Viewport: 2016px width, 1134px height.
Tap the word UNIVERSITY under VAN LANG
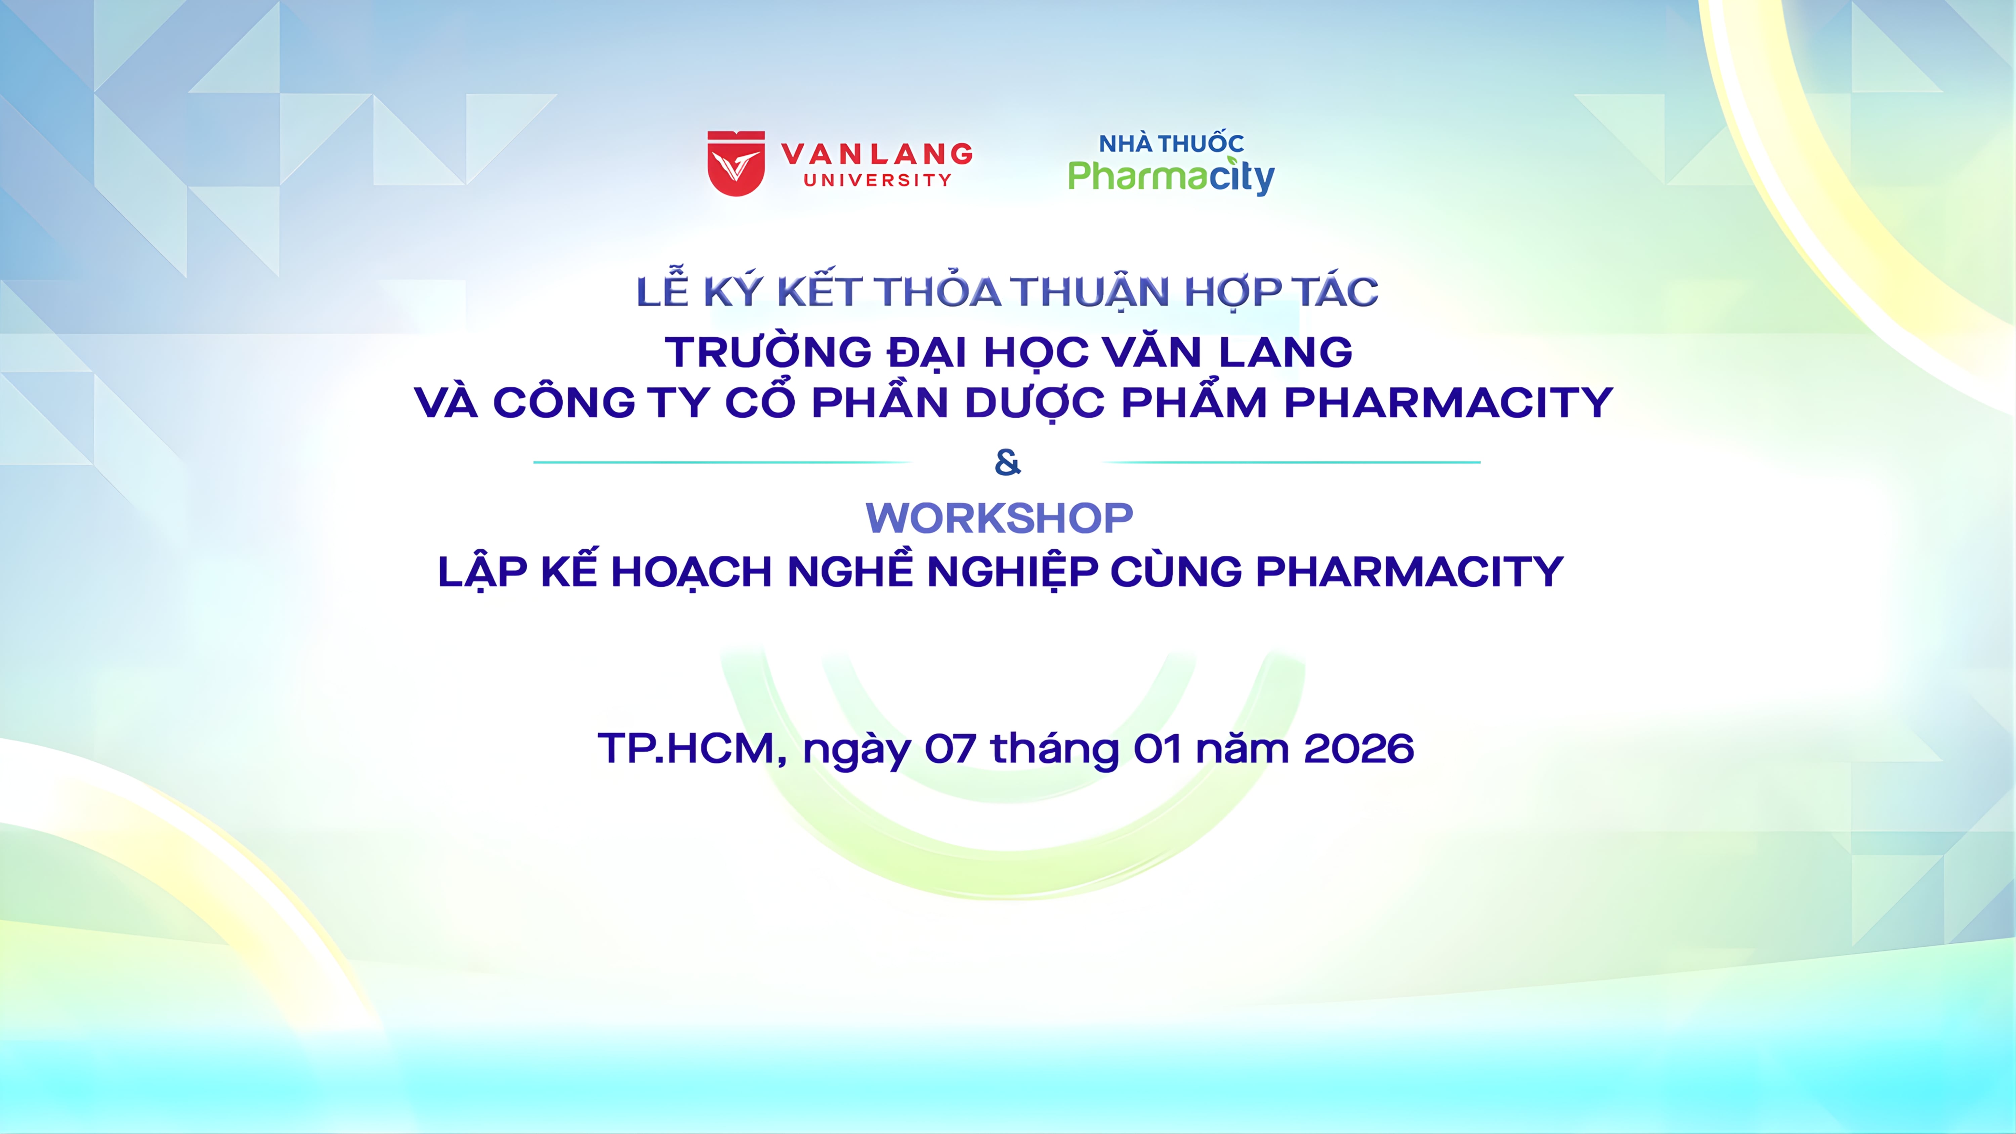click(877, 180)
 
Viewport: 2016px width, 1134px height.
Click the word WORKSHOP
click(999, 518)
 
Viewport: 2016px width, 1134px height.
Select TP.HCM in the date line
click(692, 749)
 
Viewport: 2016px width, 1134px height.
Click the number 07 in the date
click(950, 749)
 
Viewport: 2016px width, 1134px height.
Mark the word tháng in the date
click(1055, 751)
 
